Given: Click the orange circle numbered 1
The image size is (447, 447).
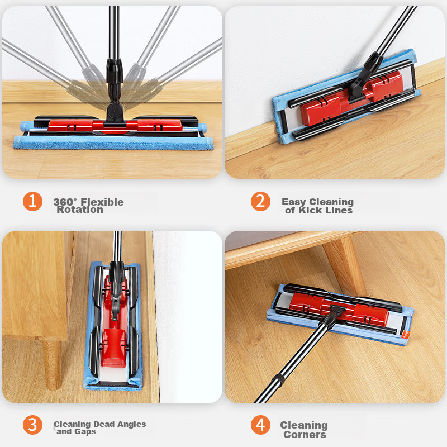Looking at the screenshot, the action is tap(33, 202).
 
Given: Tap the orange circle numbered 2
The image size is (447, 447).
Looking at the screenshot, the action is tap(260, 202).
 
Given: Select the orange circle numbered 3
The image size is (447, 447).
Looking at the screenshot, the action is tap(33, 425).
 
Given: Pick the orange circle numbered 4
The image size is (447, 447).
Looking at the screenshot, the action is tap(260, 425).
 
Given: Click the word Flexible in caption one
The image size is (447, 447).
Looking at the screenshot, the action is tap(102, 202).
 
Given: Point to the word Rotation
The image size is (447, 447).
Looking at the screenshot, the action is tap(80, 210).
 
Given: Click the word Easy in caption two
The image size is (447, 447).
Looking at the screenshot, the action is tap(294, 202).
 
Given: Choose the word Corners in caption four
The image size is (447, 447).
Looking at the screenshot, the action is tap(305, 435).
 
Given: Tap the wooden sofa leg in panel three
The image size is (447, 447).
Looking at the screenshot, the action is tap(52, 365).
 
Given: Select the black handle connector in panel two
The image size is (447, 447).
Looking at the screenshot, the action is tap(365, 75).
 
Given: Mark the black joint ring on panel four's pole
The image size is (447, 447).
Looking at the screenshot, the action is tap(279, 380).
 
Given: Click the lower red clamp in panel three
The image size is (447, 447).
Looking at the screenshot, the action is tap(113, 348).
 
